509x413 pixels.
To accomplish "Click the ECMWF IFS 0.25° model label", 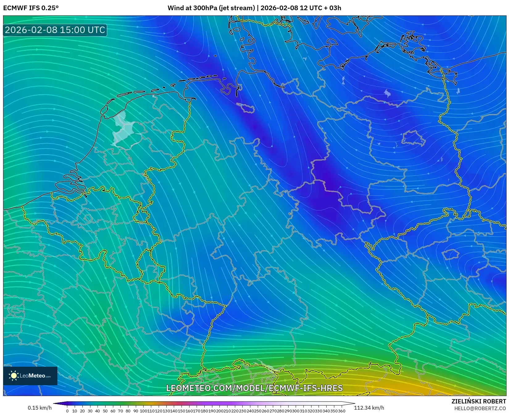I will pos(31,8).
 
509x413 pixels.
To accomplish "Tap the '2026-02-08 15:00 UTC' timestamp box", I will pos(55,30).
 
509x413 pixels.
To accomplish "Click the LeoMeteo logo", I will pos(30,376).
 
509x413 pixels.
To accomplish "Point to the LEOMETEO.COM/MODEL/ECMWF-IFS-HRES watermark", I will pos(254,388).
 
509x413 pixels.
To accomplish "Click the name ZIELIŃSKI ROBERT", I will pos(478,402).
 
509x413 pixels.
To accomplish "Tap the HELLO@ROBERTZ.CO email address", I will pos(480,408).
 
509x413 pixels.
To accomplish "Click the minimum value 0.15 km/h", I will pos(40,408).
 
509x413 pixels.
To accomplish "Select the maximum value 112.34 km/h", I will pos(369,408).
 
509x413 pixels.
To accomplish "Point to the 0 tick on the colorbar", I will pos(67,411).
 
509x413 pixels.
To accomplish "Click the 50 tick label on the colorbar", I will pos(105,411).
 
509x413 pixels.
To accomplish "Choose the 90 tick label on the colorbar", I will pos(136,411).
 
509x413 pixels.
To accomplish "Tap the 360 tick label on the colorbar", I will pos(341,411).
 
